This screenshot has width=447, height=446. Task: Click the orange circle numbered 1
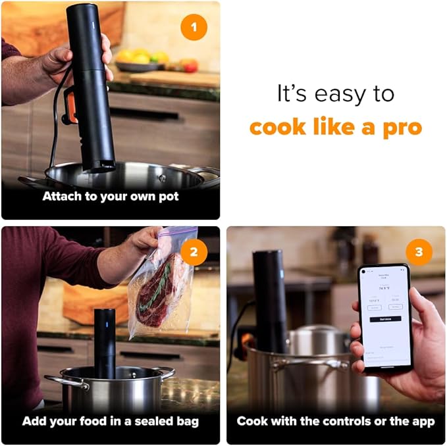click(x=194, y=28)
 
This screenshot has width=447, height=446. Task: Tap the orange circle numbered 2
click(x=194, y=253)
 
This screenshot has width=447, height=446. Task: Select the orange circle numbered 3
click(x=419, y=253)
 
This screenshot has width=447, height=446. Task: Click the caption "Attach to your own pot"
click(x=111, y=196)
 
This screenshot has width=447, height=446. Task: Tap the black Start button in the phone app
click(x=385, y=318)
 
